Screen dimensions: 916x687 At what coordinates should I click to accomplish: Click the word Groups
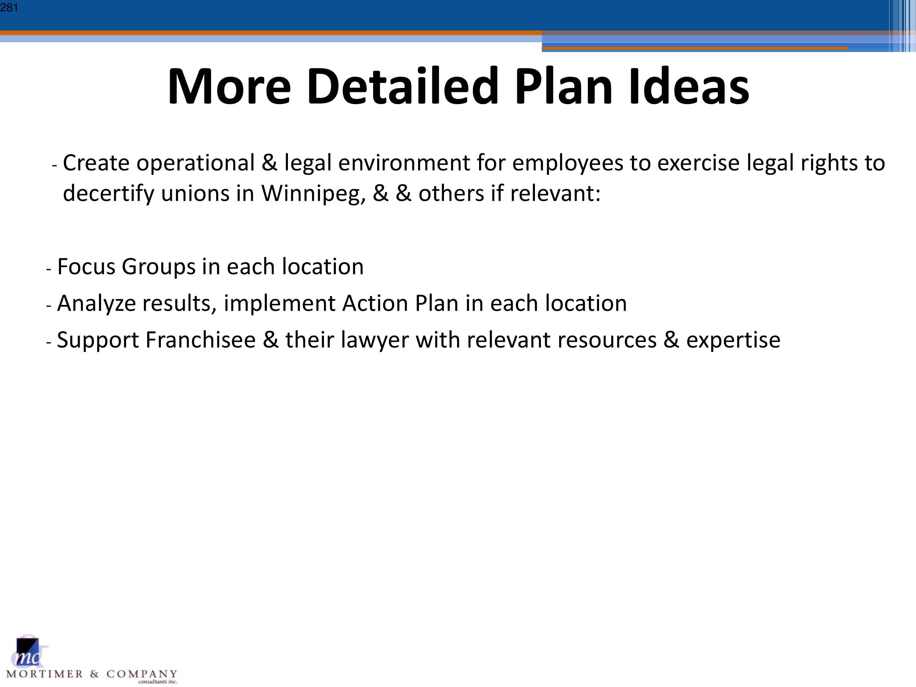(x=158, y=267)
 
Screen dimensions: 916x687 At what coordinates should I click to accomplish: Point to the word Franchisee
(x=200, y=340)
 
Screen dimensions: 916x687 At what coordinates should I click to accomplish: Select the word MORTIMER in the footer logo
(x=45, y=674)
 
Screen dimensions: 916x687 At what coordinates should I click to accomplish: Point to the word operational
(x=195, y=163)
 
